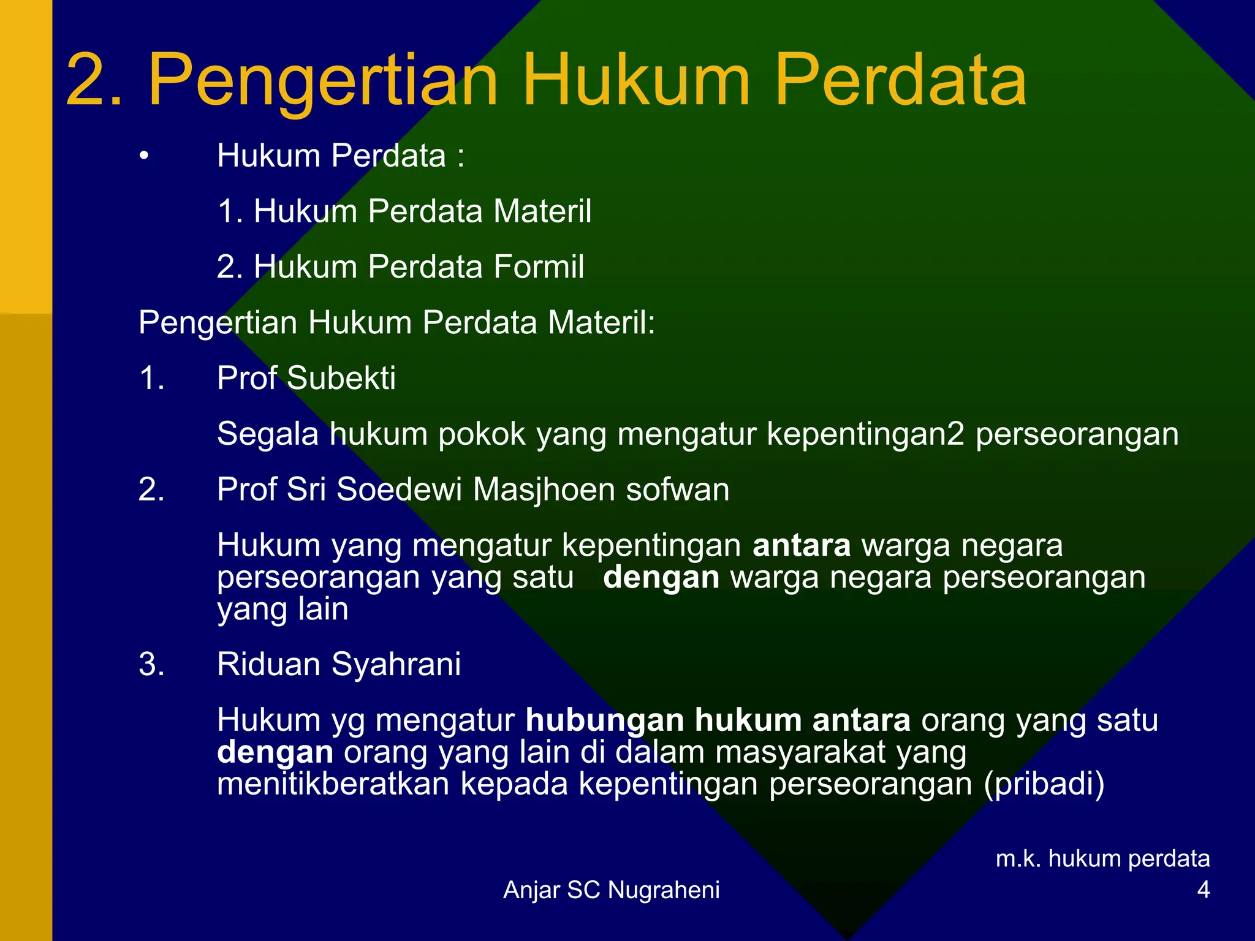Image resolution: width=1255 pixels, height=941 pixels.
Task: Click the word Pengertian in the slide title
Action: pos(323,81)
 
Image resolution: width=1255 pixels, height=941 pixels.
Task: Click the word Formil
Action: pos(539,267)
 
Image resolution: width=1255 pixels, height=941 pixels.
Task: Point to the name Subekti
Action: pos(341,378)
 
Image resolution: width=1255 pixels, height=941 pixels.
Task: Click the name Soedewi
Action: pos(399,490)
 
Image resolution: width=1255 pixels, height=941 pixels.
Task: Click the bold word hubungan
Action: pos(604,720)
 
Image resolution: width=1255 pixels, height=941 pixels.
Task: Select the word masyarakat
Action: pos(800,752)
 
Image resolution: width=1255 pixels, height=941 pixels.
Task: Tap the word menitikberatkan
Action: pos(333,784)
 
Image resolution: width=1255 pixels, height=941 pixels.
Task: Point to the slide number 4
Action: pos(1203,890)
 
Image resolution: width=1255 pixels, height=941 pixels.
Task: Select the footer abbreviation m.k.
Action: pos(1017,859)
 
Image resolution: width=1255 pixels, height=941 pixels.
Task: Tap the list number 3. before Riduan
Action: pos(151,665)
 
